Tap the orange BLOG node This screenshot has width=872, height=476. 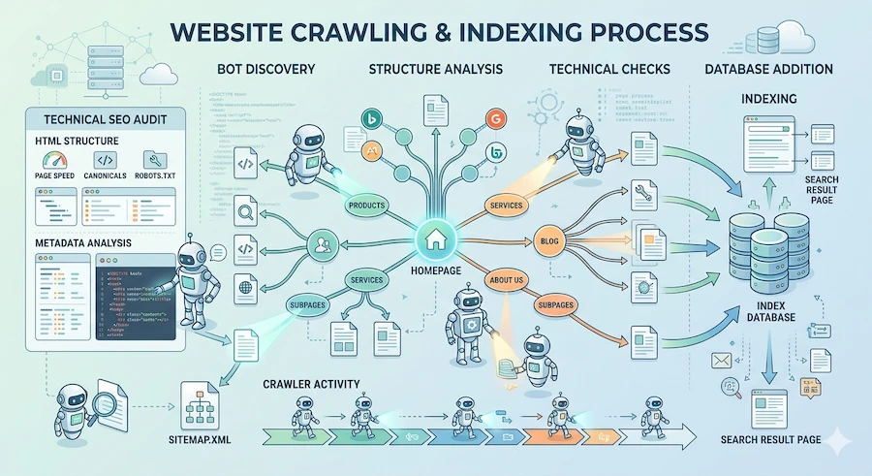tap(548, 239)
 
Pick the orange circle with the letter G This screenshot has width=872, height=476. tap(495, 119)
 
